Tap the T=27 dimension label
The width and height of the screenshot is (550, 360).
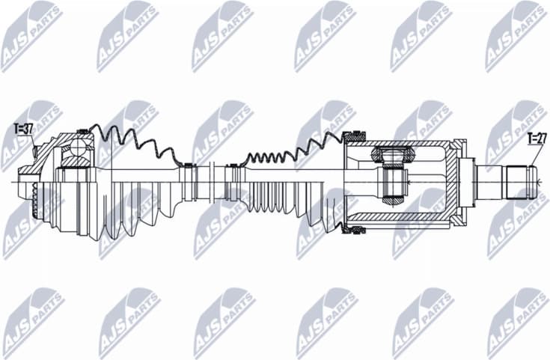(x=536, y=138)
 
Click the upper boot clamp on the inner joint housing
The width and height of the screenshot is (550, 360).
(x=352, y=136)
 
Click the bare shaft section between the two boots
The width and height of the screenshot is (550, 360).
(x=212, y=180)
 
